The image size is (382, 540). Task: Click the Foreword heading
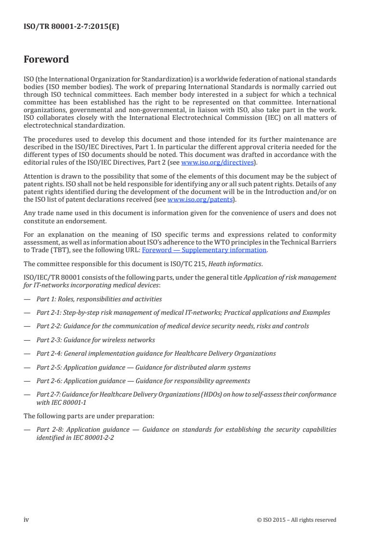(46, 60)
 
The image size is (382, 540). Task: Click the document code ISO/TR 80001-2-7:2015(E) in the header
(71, 27)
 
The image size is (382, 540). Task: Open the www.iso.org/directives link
(217, 163)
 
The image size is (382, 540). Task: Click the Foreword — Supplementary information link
(204, 250)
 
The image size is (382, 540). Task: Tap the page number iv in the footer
(26, 519)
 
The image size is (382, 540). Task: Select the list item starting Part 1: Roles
(100, 299)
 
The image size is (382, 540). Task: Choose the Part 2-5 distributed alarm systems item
(143, 367)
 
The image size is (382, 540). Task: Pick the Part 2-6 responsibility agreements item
(143, 381)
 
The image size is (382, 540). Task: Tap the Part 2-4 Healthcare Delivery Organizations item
(156, 353)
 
